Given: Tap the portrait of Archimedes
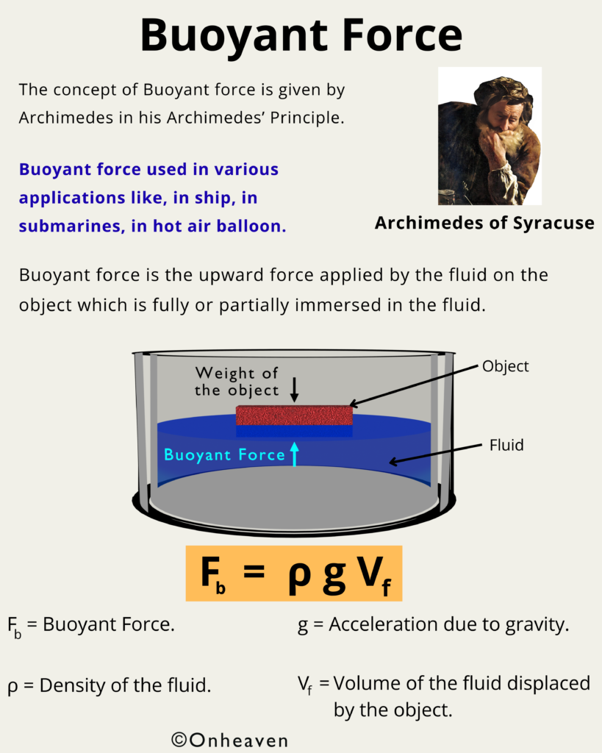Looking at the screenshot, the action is [490, 136].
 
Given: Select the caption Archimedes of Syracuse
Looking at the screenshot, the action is [484, 223].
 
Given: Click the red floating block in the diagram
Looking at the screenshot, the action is [294, 415].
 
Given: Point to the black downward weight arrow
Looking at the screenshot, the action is [294, 390].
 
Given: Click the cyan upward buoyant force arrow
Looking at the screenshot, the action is [294, 454].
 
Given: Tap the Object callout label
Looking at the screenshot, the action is [505, 366].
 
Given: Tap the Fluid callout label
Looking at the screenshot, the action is [506, 445].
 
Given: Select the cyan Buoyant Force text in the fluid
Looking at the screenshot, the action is [224, 454].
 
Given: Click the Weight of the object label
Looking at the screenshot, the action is [237, 382].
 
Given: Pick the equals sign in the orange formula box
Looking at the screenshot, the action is [254, 572].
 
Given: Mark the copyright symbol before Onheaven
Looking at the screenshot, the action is [179, 740].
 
